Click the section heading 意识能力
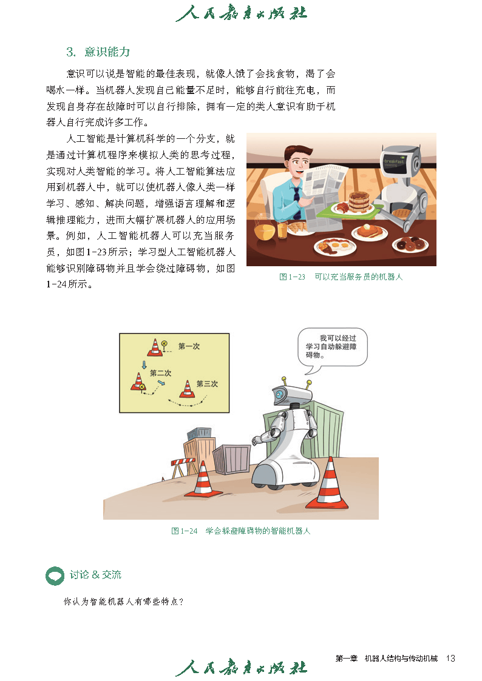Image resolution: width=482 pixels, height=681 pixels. (x=107, y=52)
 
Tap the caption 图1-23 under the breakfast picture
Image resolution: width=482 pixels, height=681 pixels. (x=292, y=277)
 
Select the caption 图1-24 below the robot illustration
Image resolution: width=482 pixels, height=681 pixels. (x=185, y=531)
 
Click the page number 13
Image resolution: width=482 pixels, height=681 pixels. (x=450, y=659)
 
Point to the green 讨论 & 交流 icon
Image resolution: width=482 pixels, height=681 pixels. (x=55, y=576)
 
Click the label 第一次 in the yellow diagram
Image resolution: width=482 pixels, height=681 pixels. (x=189, y=346)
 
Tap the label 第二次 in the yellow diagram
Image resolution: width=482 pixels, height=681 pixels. (x=160, y=372)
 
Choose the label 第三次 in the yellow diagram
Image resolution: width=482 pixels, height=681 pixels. (x=207, y=383)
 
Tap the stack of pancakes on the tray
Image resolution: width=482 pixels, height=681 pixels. (x=359, y=202)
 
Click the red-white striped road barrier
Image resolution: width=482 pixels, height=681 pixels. (x=185, y=467)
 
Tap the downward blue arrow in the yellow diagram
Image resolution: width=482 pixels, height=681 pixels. (x=144, y=364)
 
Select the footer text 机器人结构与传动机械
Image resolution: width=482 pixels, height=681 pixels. (x=401, y=659)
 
